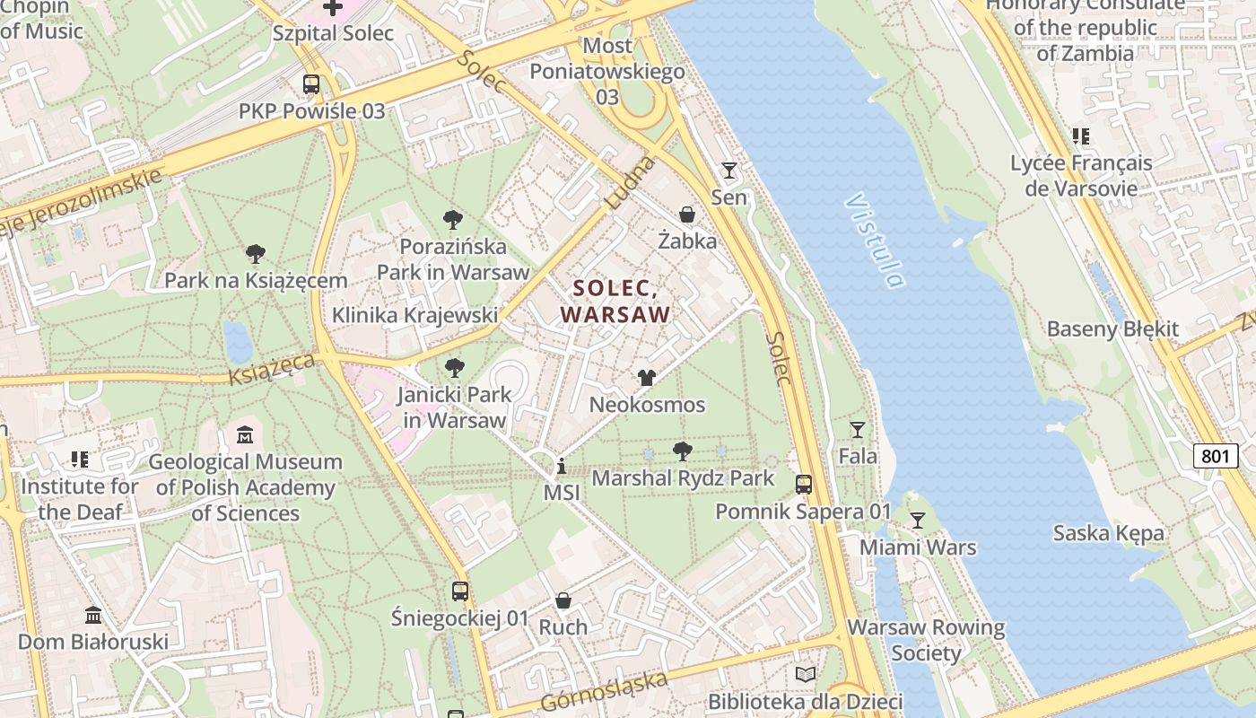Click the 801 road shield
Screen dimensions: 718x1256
(x=1215, y=456)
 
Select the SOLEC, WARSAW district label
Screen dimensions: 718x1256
(x=615, y=302)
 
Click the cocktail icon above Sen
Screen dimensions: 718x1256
(x=728, y=170)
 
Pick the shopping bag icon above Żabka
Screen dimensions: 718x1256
(x=687, y=215)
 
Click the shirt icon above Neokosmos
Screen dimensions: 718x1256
(x=646, y=378)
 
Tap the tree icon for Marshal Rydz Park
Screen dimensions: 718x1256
(x=683, y=451)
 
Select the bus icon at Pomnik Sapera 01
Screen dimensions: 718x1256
(x=804, y=485)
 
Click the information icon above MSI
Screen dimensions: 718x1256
(x=562, y=466)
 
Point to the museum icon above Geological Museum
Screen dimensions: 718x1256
(x=245, y=435)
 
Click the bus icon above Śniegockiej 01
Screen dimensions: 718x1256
(x=460, y=591)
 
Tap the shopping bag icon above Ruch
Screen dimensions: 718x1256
(x=563, y=600)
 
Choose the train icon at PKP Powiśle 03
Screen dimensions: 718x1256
(x=311, y=84)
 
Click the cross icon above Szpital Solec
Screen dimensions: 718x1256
(x=333, y=7)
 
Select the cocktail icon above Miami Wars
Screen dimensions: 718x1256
(x=917, y=521)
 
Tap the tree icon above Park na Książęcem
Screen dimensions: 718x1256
(x=256, y=254)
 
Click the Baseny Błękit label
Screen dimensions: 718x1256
(x=1112, y=329)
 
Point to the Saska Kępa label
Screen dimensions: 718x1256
(x=1109, y=533)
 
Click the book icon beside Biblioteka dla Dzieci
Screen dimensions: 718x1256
(x=806, y=674)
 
